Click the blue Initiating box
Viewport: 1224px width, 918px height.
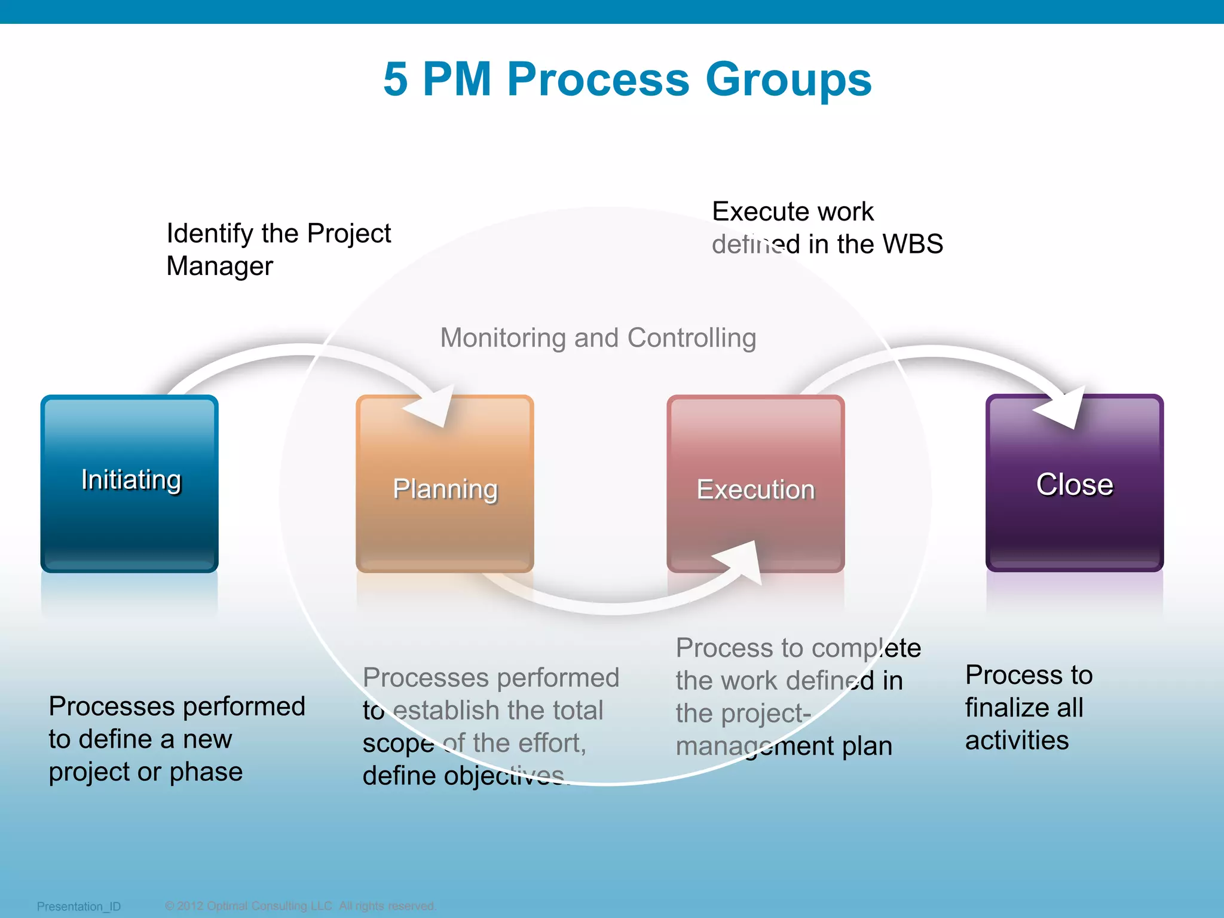pos(129,483)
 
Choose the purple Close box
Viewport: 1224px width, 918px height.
pos(1074,483)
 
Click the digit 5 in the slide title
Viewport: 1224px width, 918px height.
pos(396,79)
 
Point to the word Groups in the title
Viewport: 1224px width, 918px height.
pos(788,79)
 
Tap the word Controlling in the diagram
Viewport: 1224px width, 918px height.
pos(691,338)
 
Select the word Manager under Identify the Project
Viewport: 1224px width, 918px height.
pos(219,266)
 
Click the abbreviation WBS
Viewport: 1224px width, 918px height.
pos(913,244)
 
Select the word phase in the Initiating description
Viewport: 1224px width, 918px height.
pos(206,772)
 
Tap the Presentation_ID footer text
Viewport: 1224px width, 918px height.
pos(79,906)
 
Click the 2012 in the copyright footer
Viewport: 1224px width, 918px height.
pos(189,905)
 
